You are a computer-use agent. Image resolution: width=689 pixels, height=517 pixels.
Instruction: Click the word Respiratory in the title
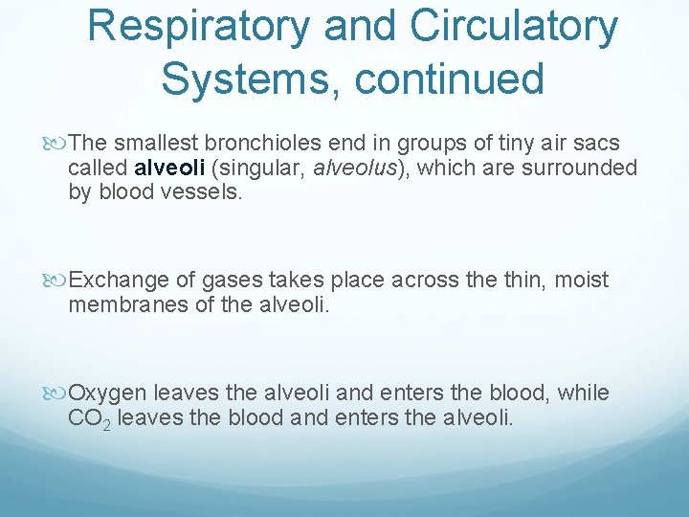(x=198, y=27)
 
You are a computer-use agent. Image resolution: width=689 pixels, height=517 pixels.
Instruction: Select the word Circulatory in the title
(x=514, y=27)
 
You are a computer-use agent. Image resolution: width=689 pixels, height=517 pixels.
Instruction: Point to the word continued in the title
(x=449, y=78)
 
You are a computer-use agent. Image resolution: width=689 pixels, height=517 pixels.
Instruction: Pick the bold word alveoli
(x=169, y=169)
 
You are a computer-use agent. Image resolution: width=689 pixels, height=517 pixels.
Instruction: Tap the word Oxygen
(x=108, y=393)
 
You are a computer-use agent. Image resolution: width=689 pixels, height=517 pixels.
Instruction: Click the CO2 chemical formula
(x=89, y=418)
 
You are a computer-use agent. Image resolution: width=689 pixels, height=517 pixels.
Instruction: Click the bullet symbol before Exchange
(x=59, y=281)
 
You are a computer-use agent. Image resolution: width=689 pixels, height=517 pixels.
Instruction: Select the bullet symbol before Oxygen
(x=59, y=393)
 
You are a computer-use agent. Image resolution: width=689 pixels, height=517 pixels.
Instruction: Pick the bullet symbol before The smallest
(x=59, y=145)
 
